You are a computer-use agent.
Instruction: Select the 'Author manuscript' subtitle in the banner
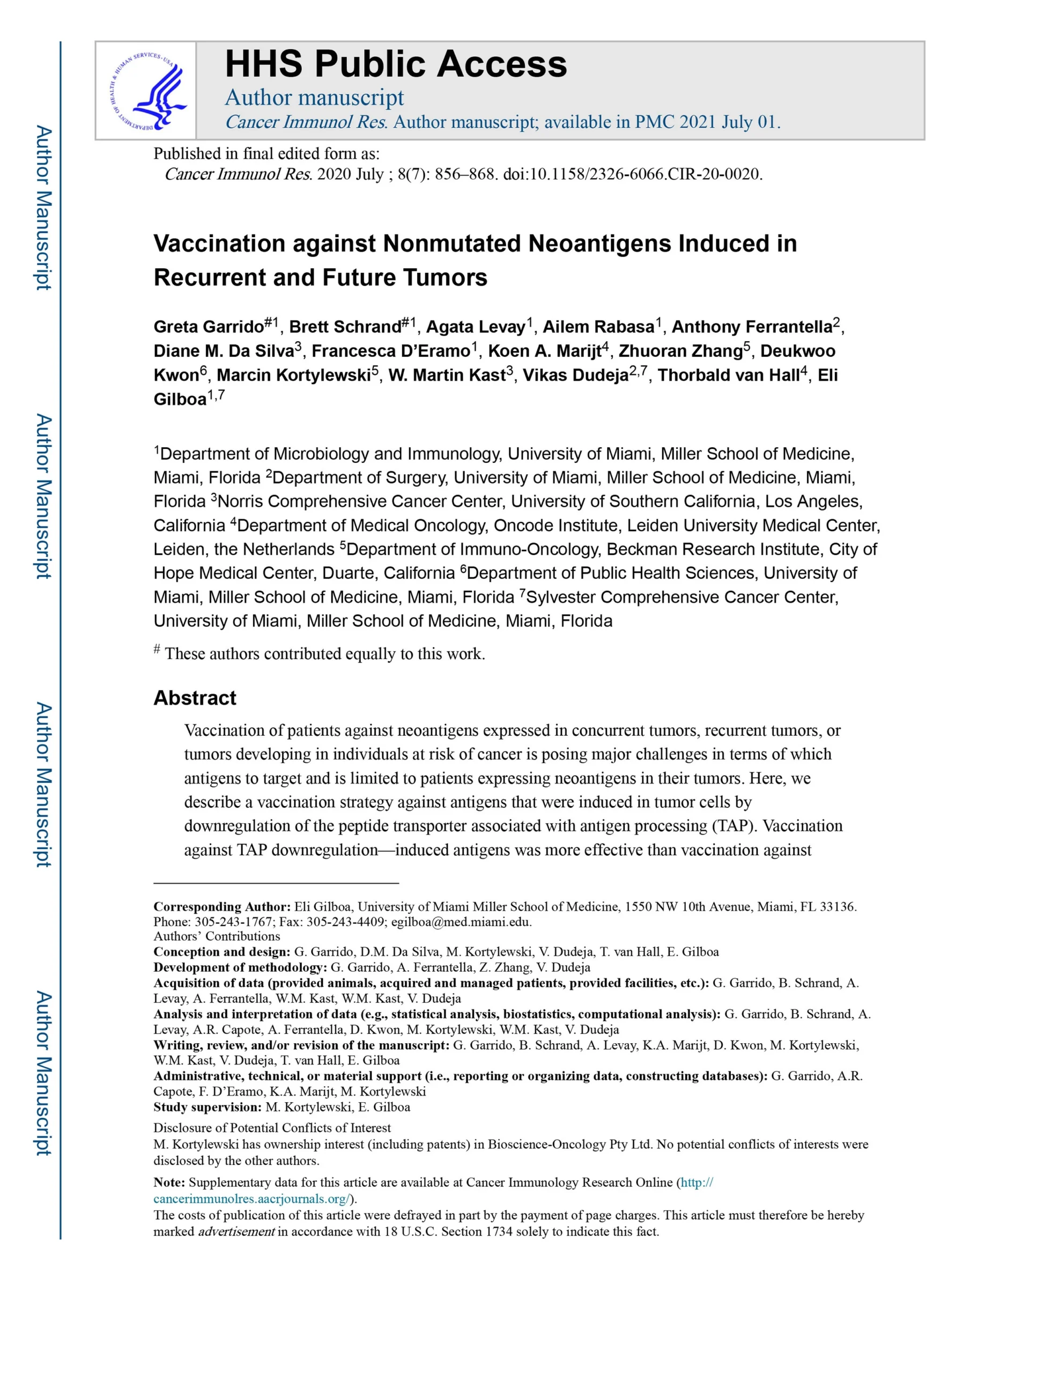pyautogui.click(x=314, y=98)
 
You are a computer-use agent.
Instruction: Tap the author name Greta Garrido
pyautogui.click(x=209, y=327)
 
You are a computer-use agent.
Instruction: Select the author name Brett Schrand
pyautogui.click(x=345, y=327)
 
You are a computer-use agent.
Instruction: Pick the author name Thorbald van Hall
pyautogui.click(x=728, y=375)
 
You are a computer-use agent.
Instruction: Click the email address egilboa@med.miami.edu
pyautogui.click(x=461, y=922)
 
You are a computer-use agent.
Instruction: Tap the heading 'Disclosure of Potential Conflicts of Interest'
pyautogui.click(x=272, y=1127)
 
